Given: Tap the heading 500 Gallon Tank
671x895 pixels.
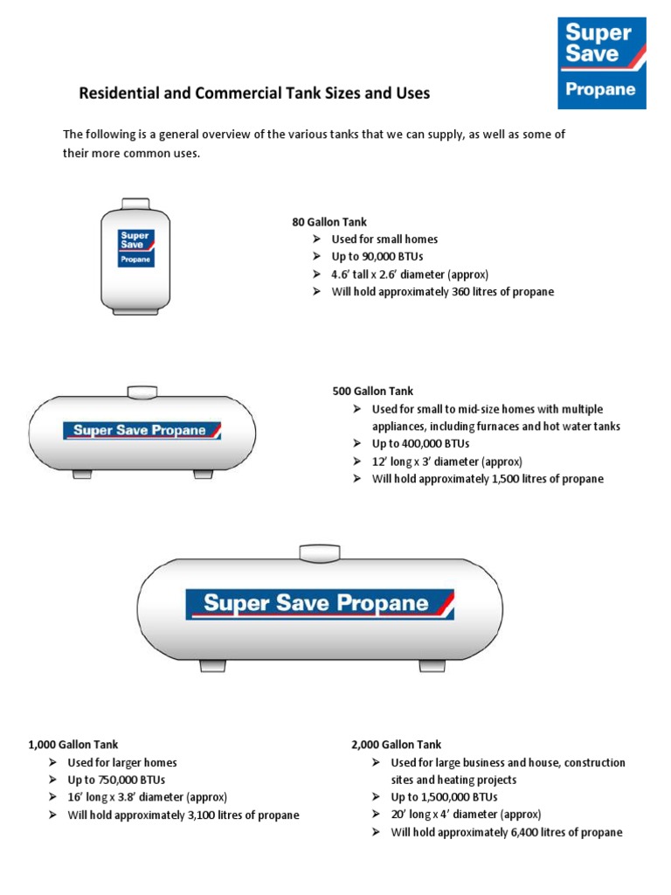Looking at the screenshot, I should [373, 392].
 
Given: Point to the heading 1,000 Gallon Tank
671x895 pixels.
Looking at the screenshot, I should [69, 745].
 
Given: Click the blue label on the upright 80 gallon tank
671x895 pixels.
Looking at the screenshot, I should [136, 249].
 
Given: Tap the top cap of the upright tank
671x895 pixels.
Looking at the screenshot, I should [135, 204].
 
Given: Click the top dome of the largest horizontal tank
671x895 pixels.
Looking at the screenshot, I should [315, 552].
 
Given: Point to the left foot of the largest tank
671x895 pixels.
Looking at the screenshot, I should [213, 665].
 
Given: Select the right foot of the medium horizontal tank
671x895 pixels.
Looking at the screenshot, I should [203, 474].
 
